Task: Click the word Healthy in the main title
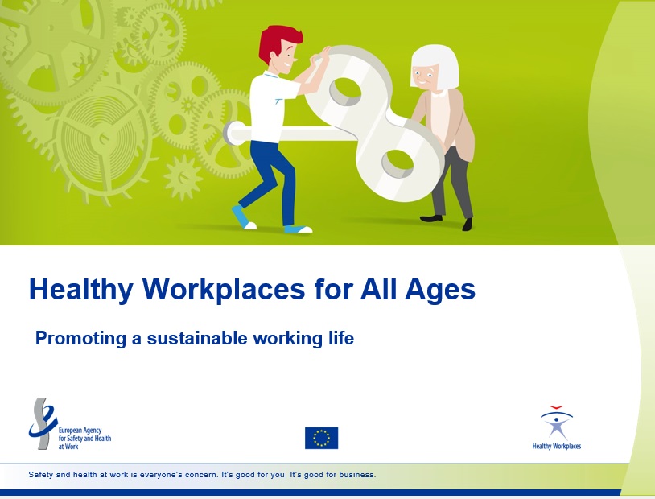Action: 81,290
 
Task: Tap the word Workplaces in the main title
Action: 224,290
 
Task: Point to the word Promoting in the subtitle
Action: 80,339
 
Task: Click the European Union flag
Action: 321,438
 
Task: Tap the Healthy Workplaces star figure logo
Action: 557,423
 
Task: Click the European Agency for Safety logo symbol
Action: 42,423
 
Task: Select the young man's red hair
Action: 278,42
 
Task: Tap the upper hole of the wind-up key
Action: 344,92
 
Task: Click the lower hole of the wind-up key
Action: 398,163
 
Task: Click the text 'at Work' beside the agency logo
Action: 68,447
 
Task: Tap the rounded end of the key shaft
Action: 228,133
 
